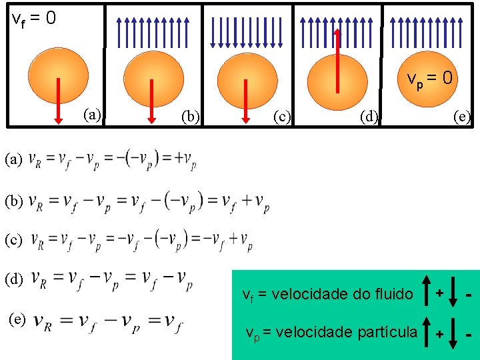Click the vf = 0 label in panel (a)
pos(34,18)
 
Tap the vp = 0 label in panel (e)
pos(430,78)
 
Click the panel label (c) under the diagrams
pos(283,117)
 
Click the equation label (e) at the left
pos(17,319)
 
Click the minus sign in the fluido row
pos(470,294)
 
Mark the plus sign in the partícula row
pos(439,333)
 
